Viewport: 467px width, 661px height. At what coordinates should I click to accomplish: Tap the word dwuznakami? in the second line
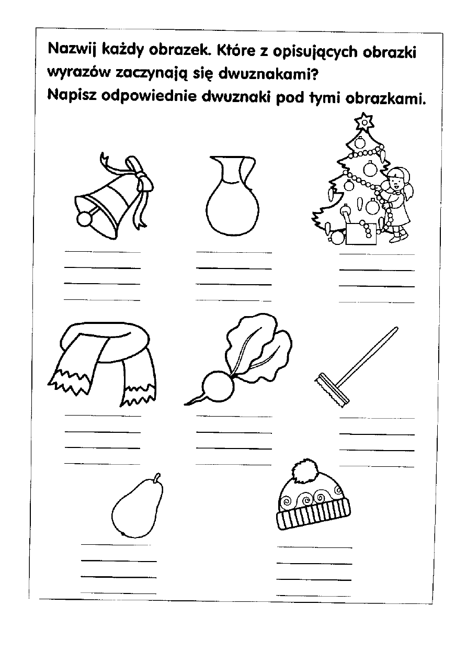coord(268,74)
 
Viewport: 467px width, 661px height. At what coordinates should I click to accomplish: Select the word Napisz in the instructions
coord(72,96)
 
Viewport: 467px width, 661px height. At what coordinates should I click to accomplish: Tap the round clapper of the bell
coord(84,219)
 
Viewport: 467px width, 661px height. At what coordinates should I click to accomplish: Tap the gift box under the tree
coord(361,233)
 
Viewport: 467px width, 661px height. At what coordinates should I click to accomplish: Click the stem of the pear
coord(158,477)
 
